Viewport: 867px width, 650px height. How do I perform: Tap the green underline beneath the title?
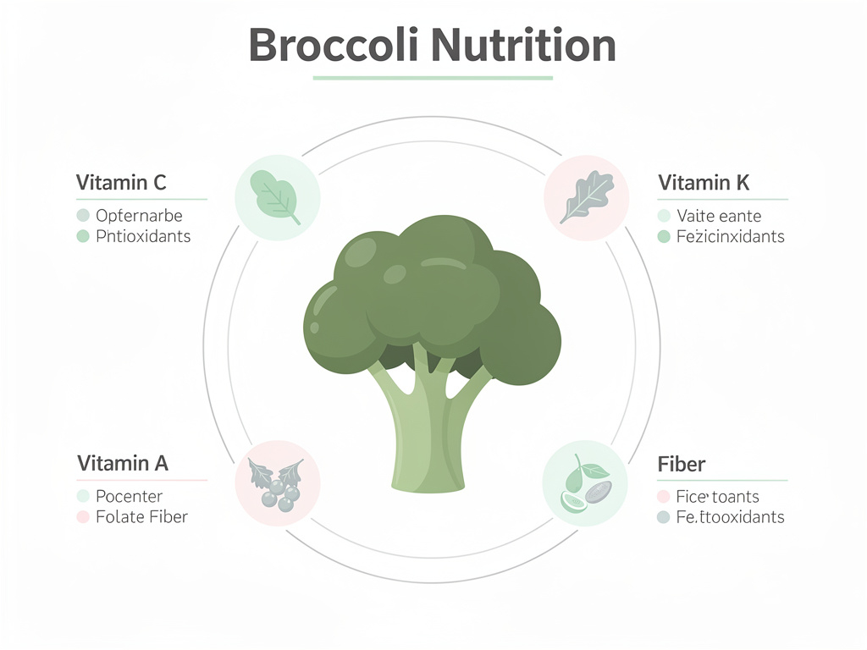(432, 78)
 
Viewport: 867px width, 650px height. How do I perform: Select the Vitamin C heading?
(121, 182)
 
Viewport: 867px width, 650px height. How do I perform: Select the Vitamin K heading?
(704, 182)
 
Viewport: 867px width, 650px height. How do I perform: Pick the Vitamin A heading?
(123, 463)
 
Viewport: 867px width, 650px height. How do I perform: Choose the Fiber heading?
(682, 464)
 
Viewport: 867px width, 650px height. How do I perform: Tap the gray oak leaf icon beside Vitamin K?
(586, 196)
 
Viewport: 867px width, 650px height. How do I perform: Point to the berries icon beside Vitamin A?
(277, 483)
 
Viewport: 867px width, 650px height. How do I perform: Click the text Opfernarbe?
(139, 216)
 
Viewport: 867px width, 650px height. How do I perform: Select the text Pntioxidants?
(143, 236)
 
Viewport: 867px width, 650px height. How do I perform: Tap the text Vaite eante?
(719, 216)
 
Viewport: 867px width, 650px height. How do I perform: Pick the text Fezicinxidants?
(731, 236)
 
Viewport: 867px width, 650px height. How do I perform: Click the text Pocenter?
(129, 496)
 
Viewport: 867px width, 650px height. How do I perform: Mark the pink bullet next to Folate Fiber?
(83, 516)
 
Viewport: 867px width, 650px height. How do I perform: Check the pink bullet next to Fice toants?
(664, 497)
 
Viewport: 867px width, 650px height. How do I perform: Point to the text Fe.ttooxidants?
(731, 516)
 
